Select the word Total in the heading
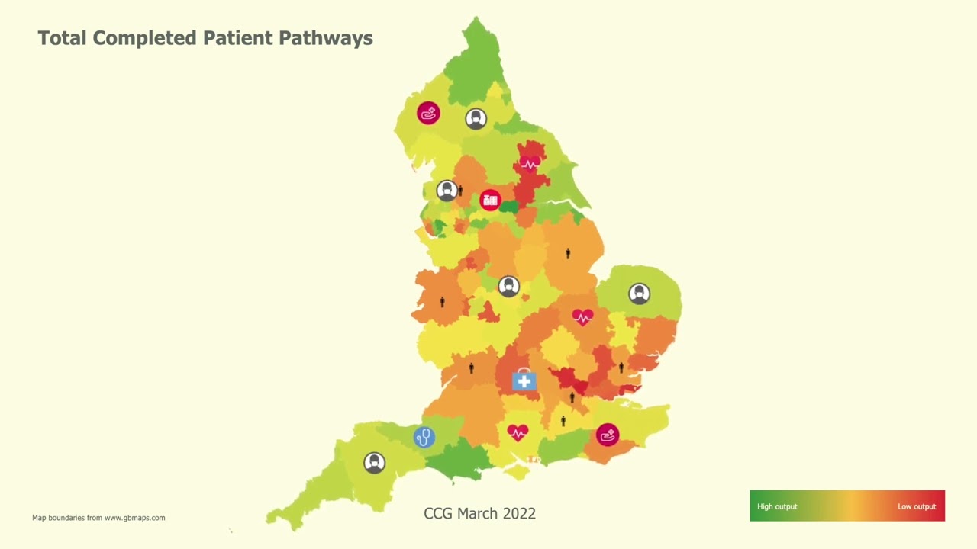pyautogui.click(x=63, y=38)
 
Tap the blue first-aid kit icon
pyautogui.click(x=524, y=380)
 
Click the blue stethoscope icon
pyautogui.click(x=424, y=437)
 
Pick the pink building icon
pyautogui.click(x=490, y=201)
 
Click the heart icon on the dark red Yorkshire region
pyautogui.click(x=529, y=164)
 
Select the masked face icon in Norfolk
pyautogui.click(x=639, y=294)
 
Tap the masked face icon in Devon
pyautogui.click(x=374, y=463)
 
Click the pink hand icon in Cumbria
pyautogui.click(x=428, y=114)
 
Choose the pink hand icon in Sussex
pyautogui.click(x=608, y=435)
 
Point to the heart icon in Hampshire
pyautogui.click(x=518, y=433)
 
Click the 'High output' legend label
pyautogui.click(x=777, y=506)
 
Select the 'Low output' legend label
pyautogui.click(x=916, y=506)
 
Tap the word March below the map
pyautogui.click(x=478, y=513)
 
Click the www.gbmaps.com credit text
pyautogui.click(x=134, y=518)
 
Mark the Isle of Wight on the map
pyautogui.click(x=517, y=472)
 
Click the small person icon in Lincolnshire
pyautogui.click(x=568, y=254)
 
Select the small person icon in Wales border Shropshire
pyautogui.click(x=442, y=302)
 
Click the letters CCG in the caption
pyautogui.click(x=438, y=513)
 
